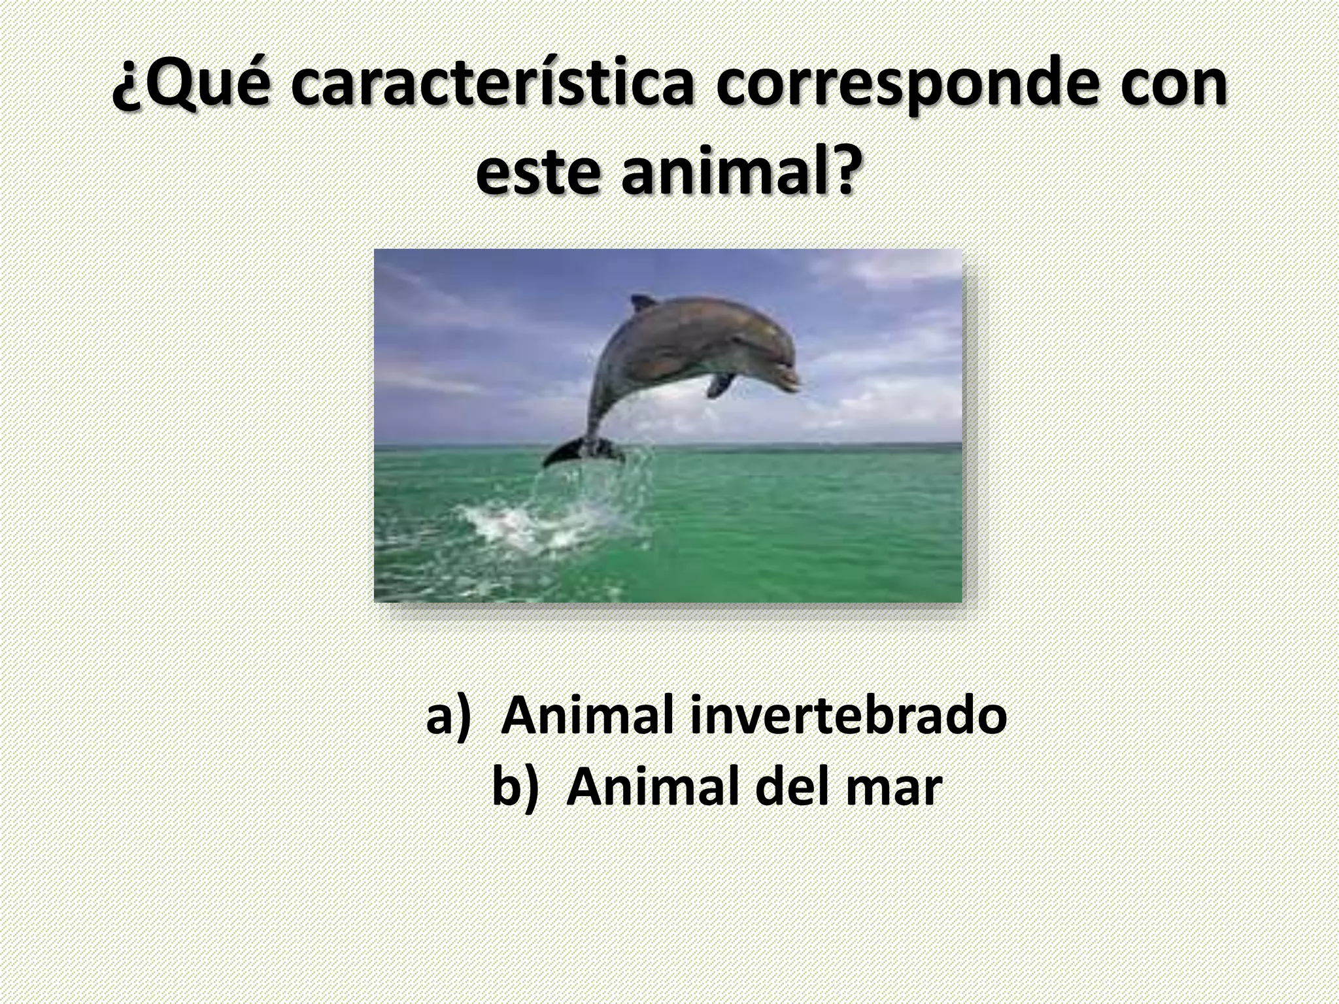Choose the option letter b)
click(x=515, y=788)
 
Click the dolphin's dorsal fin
click(x=641, y=303)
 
